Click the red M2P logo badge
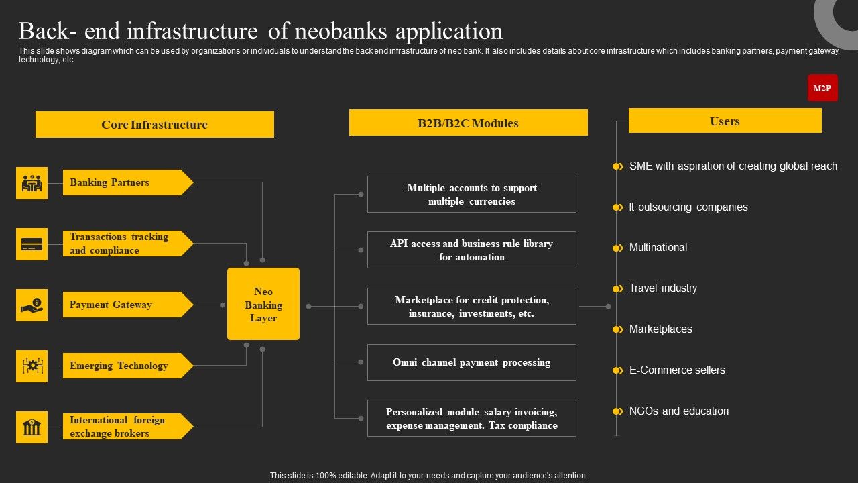click(822, 88)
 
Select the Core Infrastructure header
click(154, 125)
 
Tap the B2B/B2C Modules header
click(468, 123)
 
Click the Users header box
click(725, 121)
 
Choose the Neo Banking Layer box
click(263, 305)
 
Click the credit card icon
click(32, 244)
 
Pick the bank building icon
click(32, 427)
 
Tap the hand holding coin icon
click(32, 305)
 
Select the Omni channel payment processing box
click(471, 362)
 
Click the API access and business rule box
click(471, 250)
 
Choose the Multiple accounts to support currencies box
click(471, 194)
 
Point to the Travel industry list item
click(663, 288)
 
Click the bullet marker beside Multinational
click(617, 248)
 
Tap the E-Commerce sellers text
click(677, 370)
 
